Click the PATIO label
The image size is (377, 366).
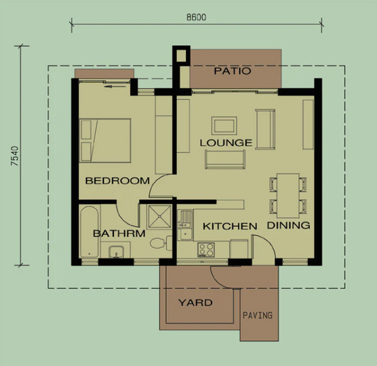click(232, 71)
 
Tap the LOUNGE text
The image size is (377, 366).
click(226, 142)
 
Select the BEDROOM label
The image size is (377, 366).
click(117, 181)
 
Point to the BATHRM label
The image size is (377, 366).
click(119, 232)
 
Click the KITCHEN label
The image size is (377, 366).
click(229, 226)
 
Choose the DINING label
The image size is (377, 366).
click(289, 226)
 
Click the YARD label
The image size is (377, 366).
click(195, 302)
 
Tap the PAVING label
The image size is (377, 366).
click(257, 316)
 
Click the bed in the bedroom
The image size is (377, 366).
click(105, 139)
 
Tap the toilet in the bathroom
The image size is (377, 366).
click(159, 242)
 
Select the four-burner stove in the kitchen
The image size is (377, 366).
click(207, 249)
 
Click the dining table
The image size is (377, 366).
click(288, 195)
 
